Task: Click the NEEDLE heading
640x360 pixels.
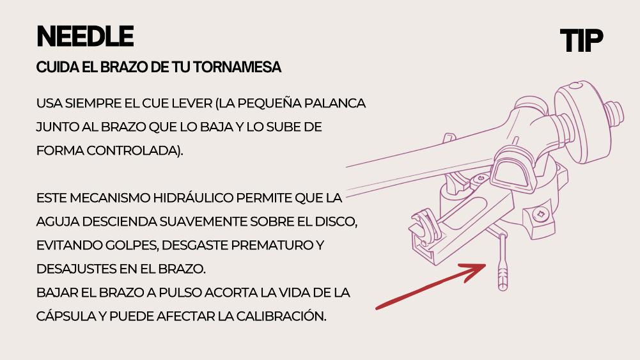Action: click(x=85, y=36)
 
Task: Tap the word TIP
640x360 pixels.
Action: click(x=581, y=40)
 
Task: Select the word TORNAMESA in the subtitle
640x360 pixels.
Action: click(x=237, y=67)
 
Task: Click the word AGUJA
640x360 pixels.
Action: click(x=58, y=222)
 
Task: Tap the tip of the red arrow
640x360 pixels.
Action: click(x=486, y=265)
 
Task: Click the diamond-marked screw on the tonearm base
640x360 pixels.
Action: click(x=542, y=214)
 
